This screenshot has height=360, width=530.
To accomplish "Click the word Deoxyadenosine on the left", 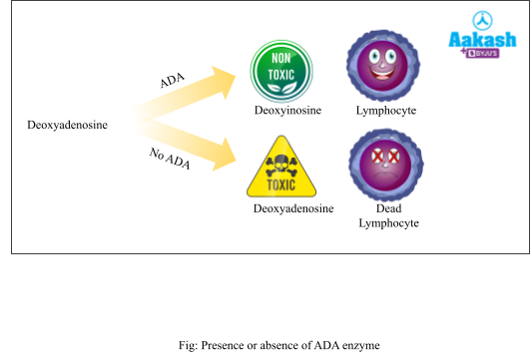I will coord(67,125).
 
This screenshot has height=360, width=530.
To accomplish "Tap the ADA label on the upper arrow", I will coord(174,81).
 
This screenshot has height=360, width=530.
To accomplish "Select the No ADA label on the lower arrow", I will coord(170,157).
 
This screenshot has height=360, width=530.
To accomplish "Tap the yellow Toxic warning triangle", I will coord(280,170).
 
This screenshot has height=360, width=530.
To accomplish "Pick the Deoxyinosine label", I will coord(287,110).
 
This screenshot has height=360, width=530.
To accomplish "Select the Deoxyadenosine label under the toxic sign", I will coord(293,208).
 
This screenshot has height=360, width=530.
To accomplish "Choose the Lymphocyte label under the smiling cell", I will coord(386,110).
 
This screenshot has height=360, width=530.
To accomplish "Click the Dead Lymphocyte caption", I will coord(388,215).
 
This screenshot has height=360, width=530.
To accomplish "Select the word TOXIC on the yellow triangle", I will coord(280,184).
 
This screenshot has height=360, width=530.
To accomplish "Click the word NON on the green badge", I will coord(280,59).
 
